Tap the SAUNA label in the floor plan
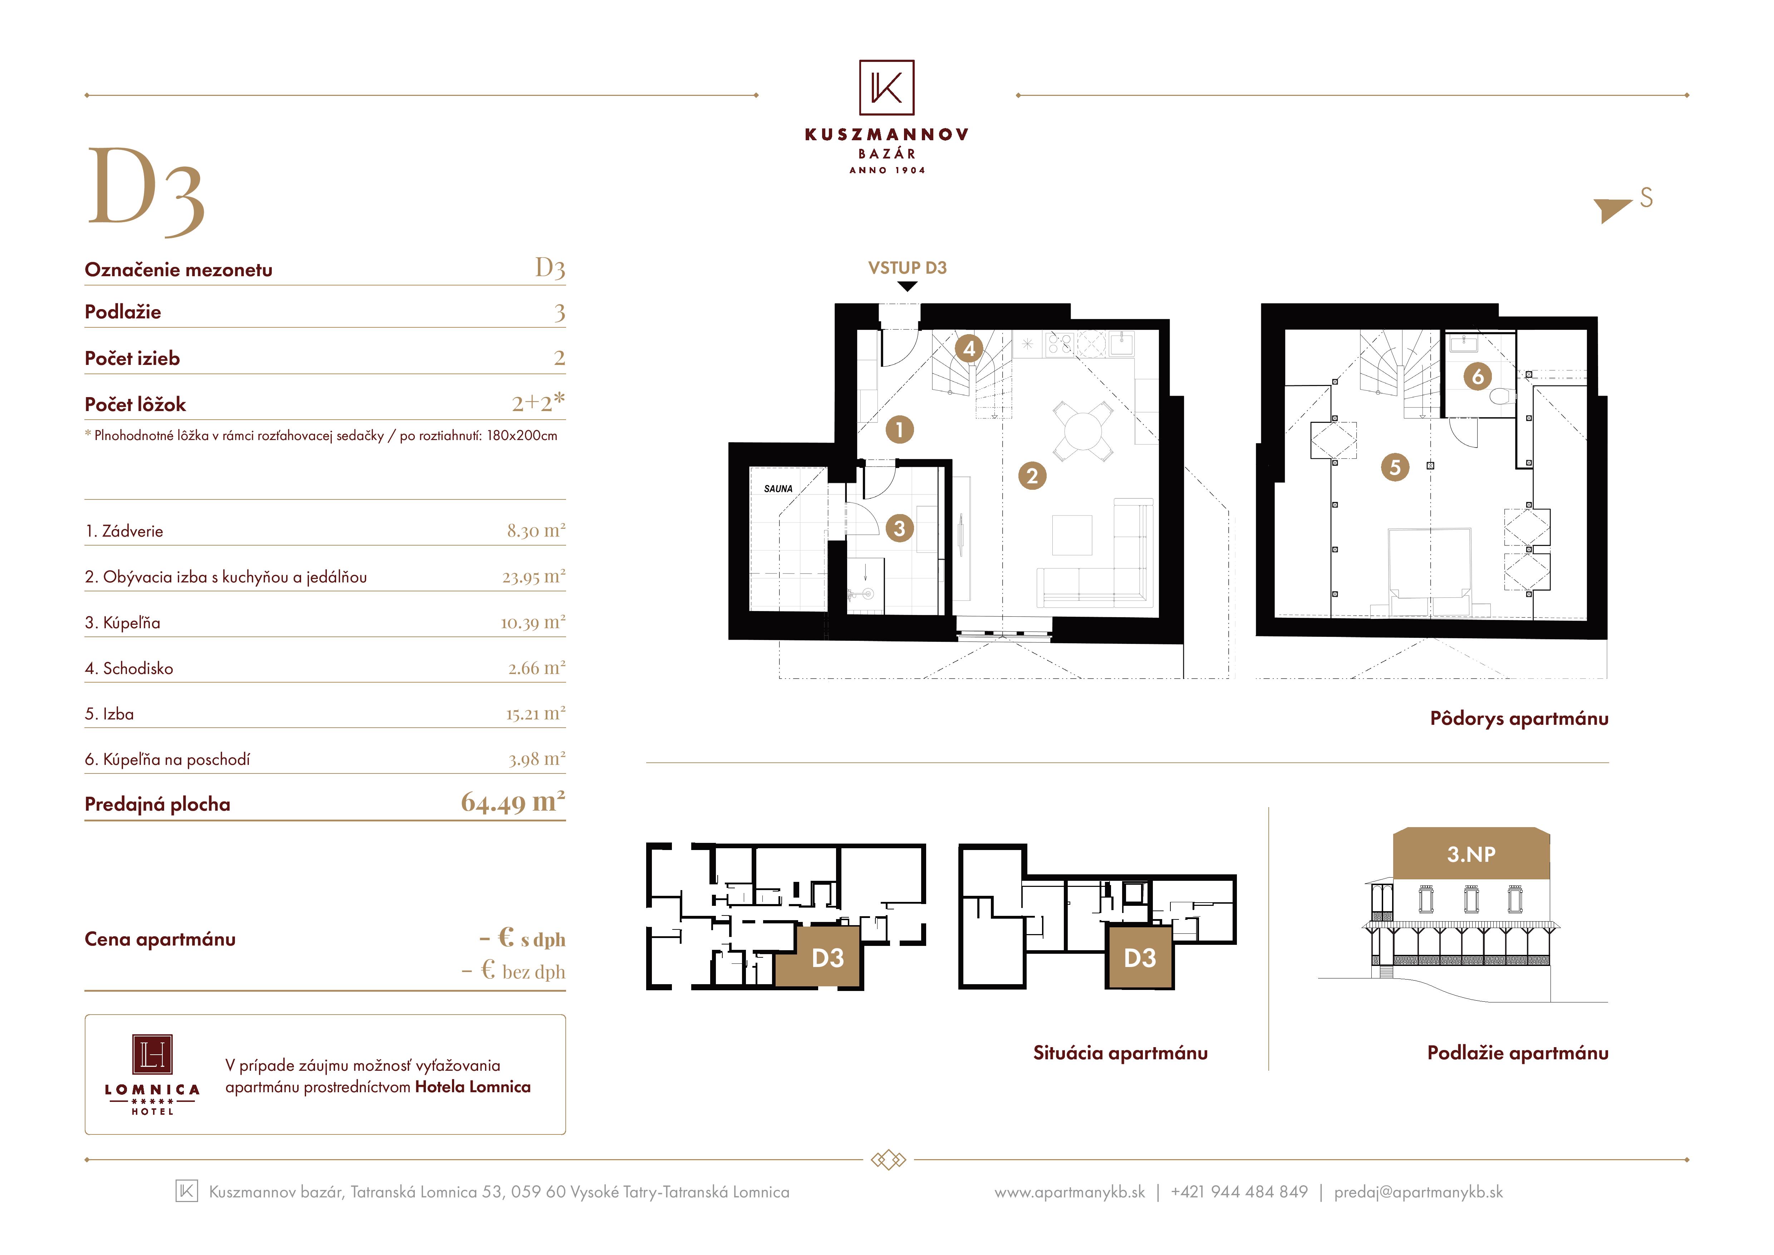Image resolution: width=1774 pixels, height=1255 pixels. pos(778,488)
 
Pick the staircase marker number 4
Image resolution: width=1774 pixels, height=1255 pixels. pos(969,348)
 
